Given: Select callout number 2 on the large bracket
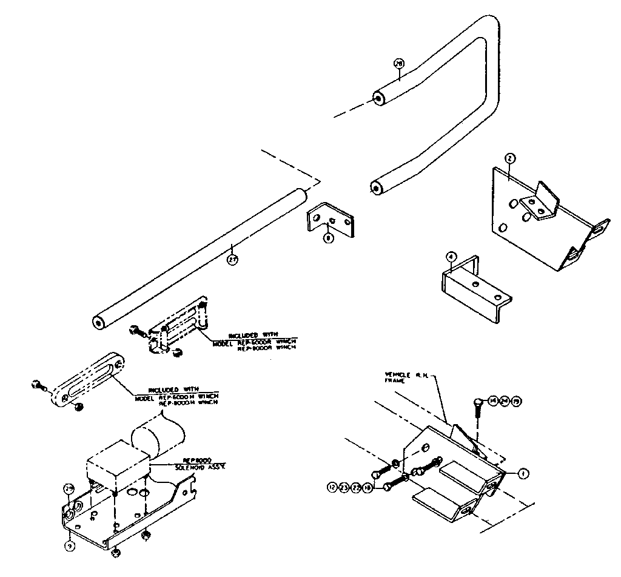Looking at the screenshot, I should pyautogui.click(x=511, y=158).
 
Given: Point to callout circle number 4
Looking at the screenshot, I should pyautogui.click(x=451, y=257).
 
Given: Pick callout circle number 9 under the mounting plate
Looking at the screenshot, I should pyautogui.click(x=71, y=545).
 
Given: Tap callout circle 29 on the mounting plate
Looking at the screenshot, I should pyautogui.click(x=69, y=489).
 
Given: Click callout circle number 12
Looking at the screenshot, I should pyautogui.click(x=332, y=487).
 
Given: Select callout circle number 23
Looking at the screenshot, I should pyautogui.click(x=343, y=487).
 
